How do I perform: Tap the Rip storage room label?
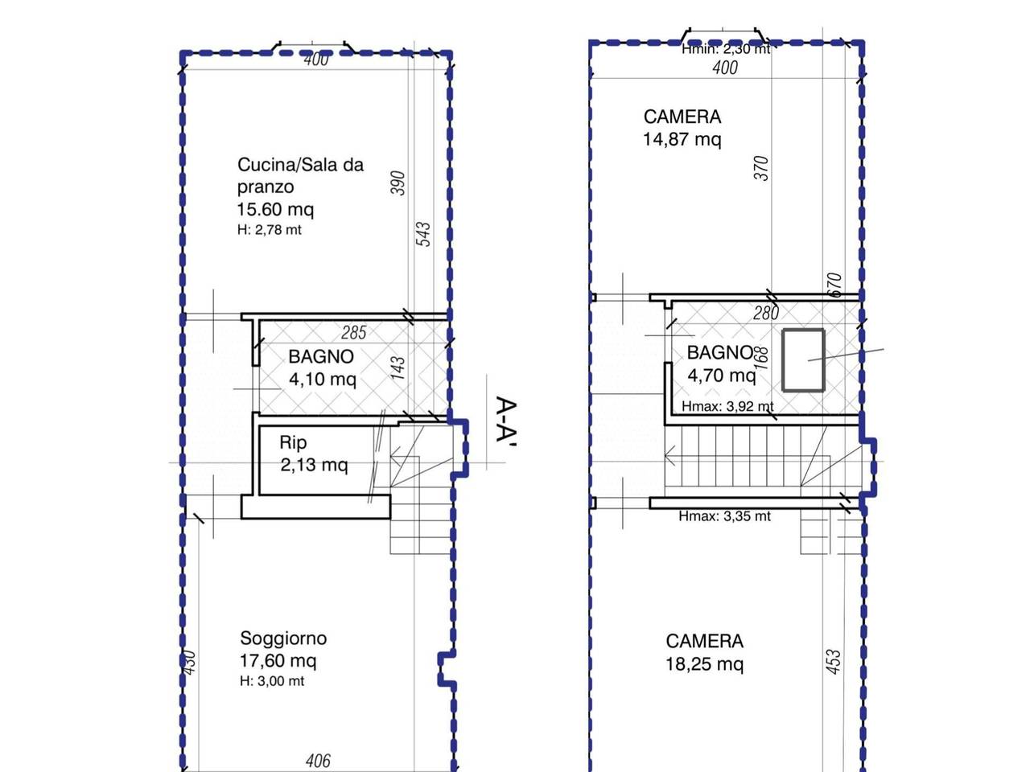(293, 442)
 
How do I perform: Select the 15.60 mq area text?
(275, 209)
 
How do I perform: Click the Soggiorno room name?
(283, 639)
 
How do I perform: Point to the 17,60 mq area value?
(278, 660)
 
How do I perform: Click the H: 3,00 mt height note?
(272, 680)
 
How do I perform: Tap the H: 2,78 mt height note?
(270, 230)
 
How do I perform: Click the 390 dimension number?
(398, 183)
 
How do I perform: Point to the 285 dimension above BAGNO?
(353, 333)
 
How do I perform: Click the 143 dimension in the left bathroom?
(398, 369)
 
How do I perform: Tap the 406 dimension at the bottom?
(318, 760)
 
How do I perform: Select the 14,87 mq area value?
(682, 139)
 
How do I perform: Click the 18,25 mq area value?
(704, 664)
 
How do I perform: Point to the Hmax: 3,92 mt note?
(727, 406)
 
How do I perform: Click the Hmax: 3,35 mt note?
(724, 516)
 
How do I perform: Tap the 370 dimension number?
(761, 168)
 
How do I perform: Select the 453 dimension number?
(834, 662)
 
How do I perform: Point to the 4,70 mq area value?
(721, 376)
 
